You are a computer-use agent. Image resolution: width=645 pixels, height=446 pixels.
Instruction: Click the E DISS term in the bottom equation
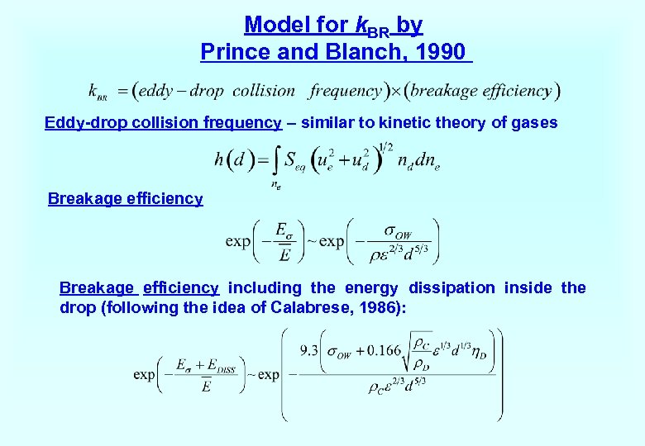coord(221,365)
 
